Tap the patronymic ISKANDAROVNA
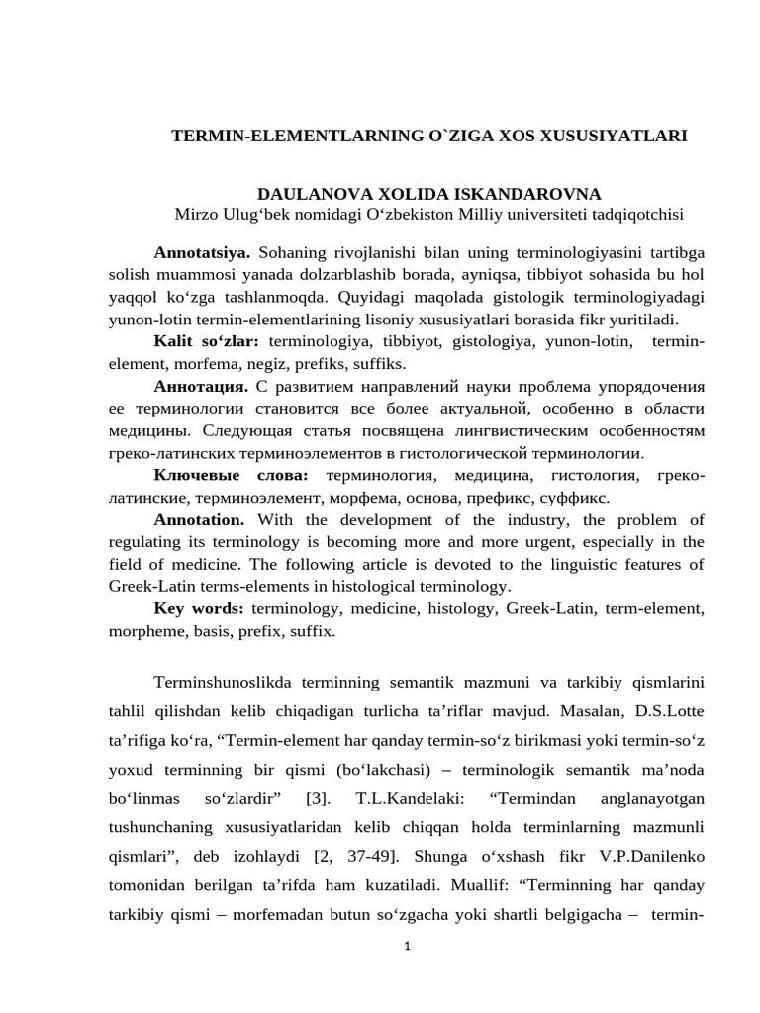point(525,194)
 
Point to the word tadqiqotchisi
point(632,215)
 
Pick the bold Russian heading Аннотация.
point(201,385)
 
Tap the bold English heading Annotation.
point(199,519)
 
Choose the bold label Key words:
point(199,608)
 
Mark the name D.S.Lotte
point(668,711)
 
